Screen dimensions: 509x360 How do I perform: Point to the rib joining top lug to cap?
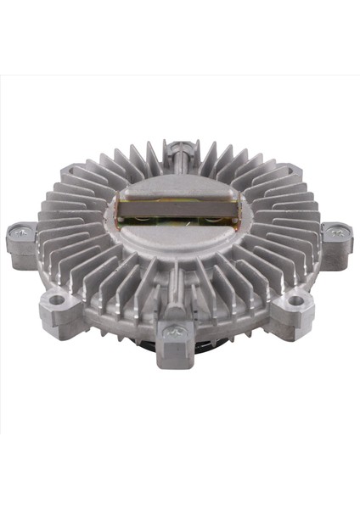pyautogui.click(x=179, y=160)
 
